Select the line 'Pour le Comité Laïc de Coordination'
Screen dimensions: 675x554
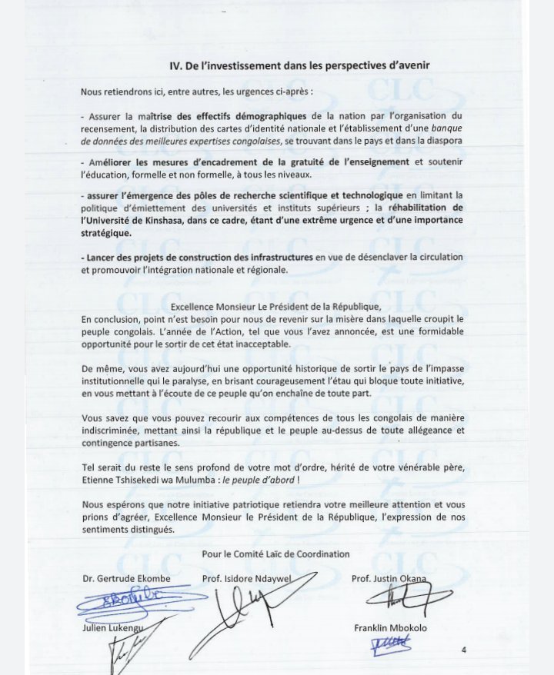point(275,554)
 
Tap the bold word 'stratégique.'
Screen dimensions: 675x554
point(106,232)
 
